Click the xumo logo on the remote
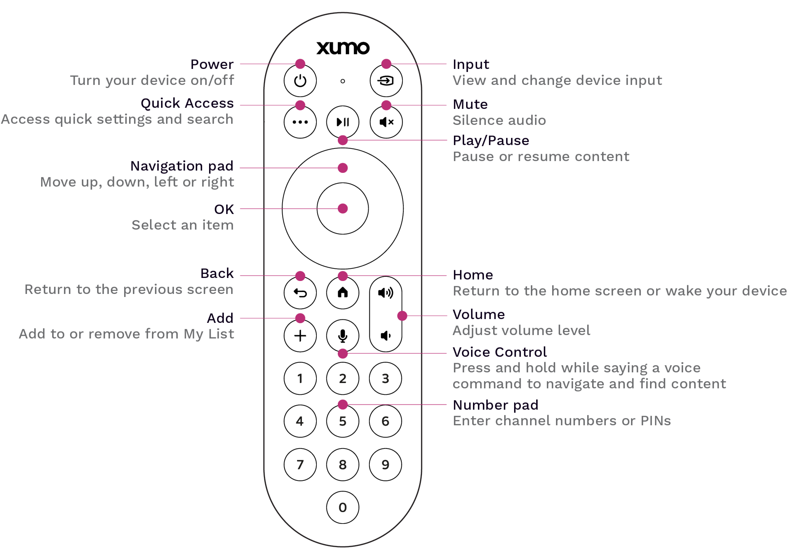point(343,48)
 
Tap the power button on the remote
point(300,81)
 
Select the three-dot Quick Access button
point(300,122)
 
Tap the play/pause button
point(343,122)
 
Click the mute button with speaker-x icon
point(386,122)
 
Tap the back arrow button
point(300,293)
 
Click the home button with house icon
point(343,292)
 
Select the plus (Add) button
point(300,336)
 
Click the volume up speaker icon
point(385,293)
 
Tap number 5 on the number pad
point(343,421)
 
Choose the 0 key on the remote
point(343,508)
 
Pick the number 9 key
point(385,464)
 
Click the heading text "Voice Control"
point(500,352)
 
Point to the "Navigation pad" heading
point(182,166)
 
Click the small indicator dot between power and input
point(343,81)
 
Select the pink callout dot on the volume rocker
point(402,316)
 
